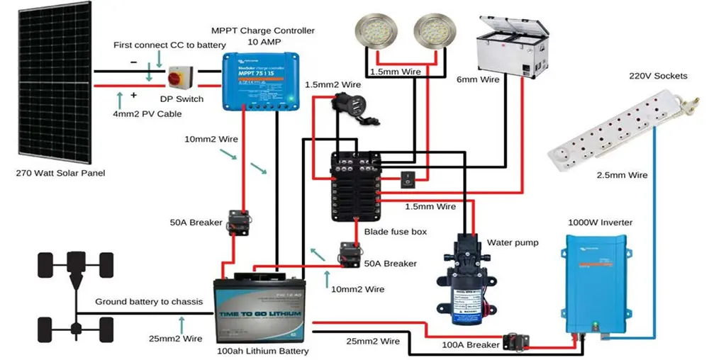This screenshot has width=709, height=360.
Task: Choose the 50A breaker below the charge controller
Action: pyautogui.click(x=236, y=220)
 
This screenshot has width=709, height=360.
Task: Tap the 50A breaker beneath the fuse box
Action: pyautogui.click(x=350, y=253)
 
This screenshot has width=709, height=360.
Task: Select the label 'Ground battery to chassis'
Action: pyautogui.click(x=149, y=302)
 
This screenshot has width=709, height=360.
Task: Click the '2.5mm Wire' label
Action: pyautogui.click(x=622, y=175)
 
